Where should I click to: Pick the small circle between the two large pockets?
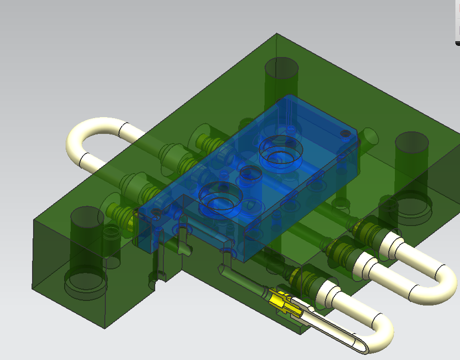point(250,173)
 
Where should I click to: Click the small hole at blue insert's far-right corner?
point(345,133)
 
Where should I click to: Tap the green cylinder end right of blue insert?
point(370,135)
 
